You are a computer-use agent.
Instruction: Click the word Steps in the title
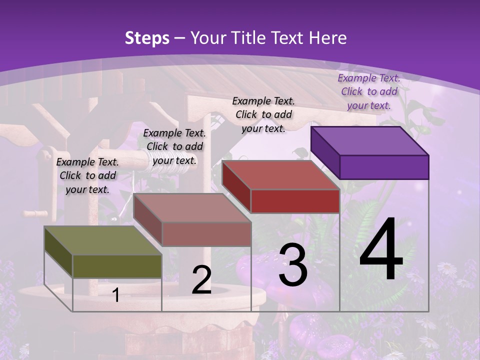147,38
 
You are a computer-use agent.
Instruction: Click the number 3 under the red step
293,265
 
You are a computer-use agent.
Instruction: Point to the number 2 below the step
201,280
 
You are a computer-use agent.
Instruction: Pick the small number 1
116,295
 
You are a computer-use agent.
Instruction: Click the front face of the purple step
384,167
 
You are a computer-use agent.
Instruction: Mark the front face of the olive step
117,266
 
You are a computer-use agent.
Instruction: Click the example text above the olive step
87,175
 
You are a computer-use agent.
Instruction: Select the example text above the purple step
369,91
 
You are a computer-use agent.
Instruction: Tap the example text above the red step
263,114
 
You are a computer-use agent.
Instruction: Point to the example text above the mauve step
174,146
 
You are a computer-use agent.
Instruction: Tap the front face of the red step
295,201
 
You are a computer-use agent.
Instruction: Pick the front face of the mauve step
206,234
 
